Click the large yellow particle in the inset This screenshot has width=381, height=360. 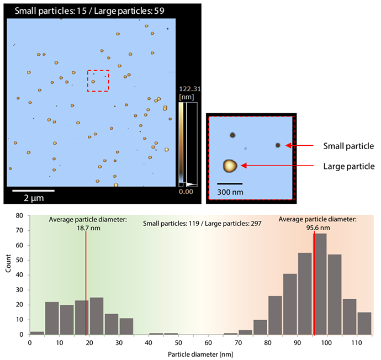point(230,166)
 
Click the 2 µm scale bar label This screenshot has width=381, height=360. point(33,197)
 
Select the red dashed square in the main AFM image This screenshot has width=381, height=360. point(98,81)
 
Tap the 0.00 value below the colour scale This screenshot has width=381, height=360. point(187,191)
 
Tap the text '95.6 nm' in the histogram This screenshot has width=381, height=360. point(317,227)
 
